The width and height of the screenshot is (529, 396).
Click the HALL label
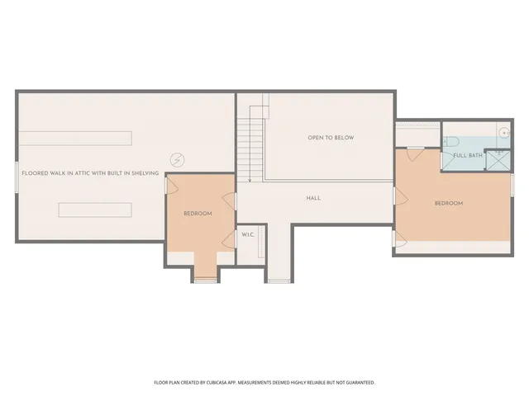coord(313,198)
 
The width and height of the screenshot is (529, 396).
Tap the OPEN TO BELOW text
coord(331,138)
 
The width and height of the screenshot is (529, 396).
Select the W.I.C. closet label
coord(248,235)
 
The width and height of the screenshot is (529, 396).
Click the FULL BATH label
coord(468,155)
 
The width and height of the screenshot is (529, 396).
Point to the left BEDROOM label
coord(198,214)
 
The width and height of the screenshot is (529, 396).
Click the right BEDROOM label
coord(448,203)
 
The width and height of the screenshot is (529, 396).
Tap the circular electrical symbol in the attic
coord(175,159)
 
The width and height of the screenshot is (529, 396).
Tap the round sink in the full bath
coord(503,132)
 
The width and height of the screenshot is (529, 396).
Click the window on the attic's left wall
coord(17,177)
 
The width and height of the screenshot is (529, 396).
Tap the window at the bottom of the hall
coord(279,281)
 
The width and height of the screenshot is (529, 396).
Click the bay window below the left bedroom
coord(205,280)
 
